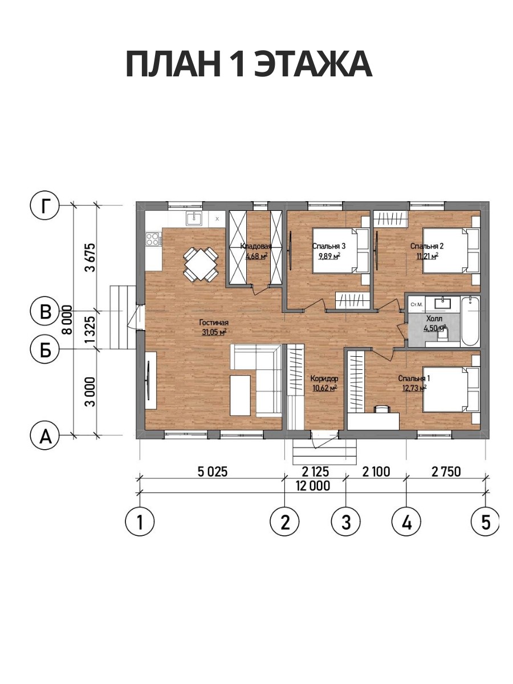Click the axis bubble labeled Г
[x=45, y=206]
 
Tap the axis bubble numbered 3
[x=346, y=522]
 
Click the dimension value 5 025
[x=213, y=472]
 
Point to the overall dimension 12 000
[x=313, y=486]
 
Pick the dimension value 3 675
[x=91, y=258]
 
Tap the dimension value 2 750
[x=446, y=472]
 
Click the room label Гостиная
[x=214, y=323]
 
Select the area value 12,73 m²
[x=414, y=388]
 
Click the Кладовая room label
[x=256, y=246]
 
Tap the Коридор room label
[x=324, y=378]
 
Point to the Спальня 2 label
[x=427, y=246]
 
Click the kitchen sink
[x=195, y=218]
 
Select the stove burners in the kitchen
[x=152, y=239]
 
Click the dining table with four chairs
[x=201, y=265]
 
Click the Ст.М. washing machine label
[x=417, y=304]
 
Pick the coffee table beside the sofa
[x=240, y=396]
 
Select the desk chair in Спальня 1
[x=382, y=409]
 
